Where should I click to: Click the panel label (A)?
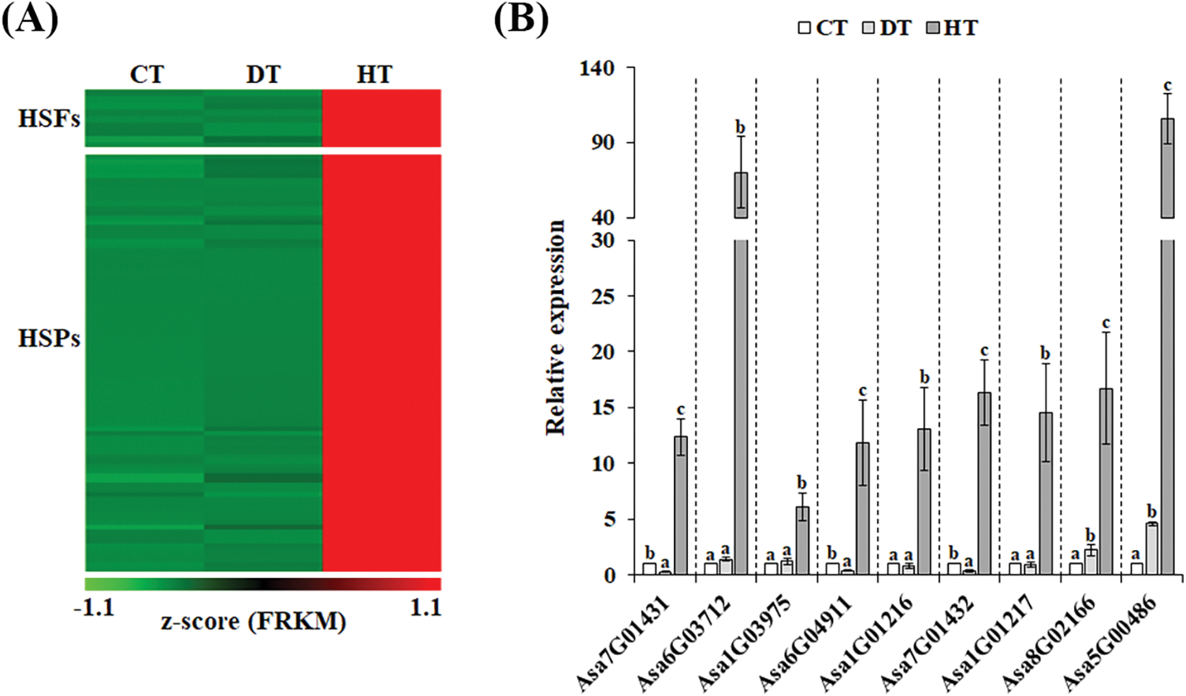click(x=30, y=19)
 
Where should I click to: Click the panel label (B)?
click(x=521, y=19)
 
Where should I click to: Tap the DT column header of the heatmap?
click(x=262, y=74)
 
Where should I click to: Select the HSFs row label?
click(x=49, y=119)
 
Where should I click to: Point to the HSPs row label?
click(x=49, y=338)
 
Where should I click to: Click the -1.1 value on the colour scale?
click(x=94, y=607)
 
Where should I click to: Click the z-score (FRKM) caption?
click(x=254, y=622)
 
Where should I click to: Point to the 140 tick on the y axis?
click(x=597, y=69)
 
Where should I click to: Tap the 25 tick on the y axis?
click(x=603, y=296)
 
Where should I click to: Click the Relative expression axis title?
click(x=556, y=327)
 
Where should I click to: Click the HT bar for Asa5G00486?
click(x=1167, y=355)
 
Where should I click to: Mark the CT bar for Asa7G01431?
click(x=649, y=569)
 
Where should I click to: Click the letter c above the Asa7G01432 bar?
click(x=984, y=351)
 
